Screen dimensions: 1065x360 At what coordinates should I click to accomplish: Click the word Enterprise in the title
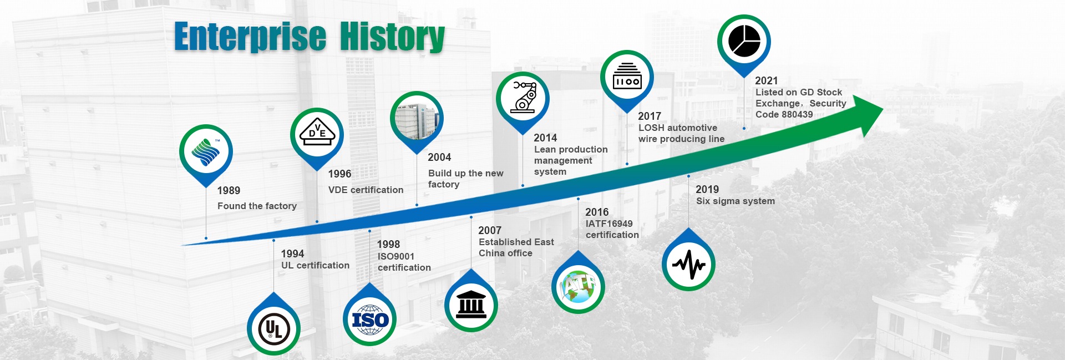pos(250,37)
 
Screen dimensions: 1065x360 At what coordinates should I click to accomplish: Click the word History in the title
pos(392,37)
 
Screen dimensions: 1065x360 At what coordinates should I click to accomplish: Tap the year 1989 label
pos(229,191)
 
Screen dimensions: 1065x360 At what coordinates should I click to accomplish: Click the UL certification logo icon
pos(274,328)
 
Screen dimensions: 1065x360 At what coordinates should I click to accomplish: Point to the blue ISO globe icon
pos(370,320)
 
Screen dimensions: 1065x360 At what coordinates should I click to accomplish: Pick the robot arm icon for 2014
pos(523,98)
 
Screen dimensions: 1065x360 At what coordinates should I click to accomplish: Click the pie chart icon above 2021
pos(744,41)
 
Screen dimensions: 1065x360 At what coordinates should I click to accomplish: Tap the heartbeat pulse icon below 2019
pos(688,265)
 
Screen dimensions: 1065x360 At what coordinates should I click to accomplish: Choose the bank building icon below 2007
pos(471,305)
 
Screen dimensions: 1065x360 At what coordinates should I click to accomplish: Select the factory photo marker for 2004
pos(417,118)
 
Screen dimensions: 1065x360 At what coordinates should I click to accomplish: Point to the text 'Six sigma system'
pos(736,201)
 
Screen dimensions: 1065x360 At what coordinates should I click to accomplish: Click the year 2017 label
pos(650,116)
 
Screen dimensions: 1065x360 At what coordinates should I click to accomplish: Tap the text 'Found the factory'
pos(257,206)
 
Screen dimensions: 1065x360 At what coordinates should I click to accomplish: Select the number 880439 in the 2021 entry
pos(797,114)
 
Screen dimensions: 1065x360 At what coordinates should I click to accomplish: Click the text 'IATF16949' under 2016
pos(609,224)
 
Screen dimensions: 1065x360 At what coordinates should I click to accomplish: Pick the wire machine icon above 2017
pos(627,76)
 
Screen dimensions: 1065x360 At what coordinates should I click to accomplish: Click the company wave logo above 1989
pos(206,151)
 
